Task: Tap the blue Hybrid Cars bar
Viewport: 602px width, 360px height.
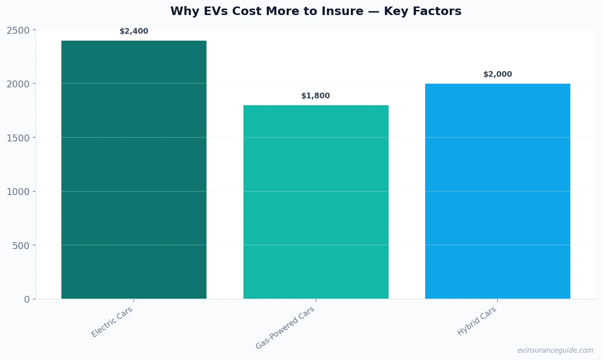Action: (x=498, y=191)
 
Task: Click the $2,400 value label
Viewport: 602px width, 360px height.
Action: (x=134, y=31)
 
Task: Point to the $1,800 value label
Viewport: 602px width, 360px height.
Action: (x=315, y=96)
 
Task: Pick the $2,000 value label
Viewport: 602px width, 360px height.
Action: (x=498, y=74)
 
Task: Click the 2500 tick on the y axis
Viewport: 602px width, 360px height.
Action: (x=18, y=30)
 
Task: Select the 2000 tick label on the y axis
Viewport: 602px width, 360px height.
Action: (x=18, y=84)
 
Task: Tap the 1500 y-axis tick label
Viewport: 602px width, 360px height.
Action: (x=18, y=138)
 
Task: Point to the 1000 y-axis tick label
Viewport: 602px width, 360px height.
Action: (x=18, y=192)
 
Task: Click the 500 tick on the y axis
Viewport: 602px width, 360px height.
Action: (x=21, y=246)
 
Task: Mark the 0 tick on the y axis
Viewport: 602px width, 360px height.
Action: (x=27, y=299)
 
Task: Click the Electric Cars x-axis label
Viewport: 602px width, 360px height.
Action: (x=112, y=322)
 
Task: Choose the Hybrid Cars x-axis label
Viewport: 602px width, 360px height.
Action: (x=477, y=321)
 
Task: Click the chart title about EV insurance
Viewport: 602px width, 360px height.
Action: (x=316, y=11)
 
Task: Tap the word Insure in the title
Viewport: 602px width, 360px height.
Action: (x=344, y=11)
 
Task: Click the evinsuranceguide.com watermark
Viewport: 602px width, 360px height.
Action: (x=555, y=350)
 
